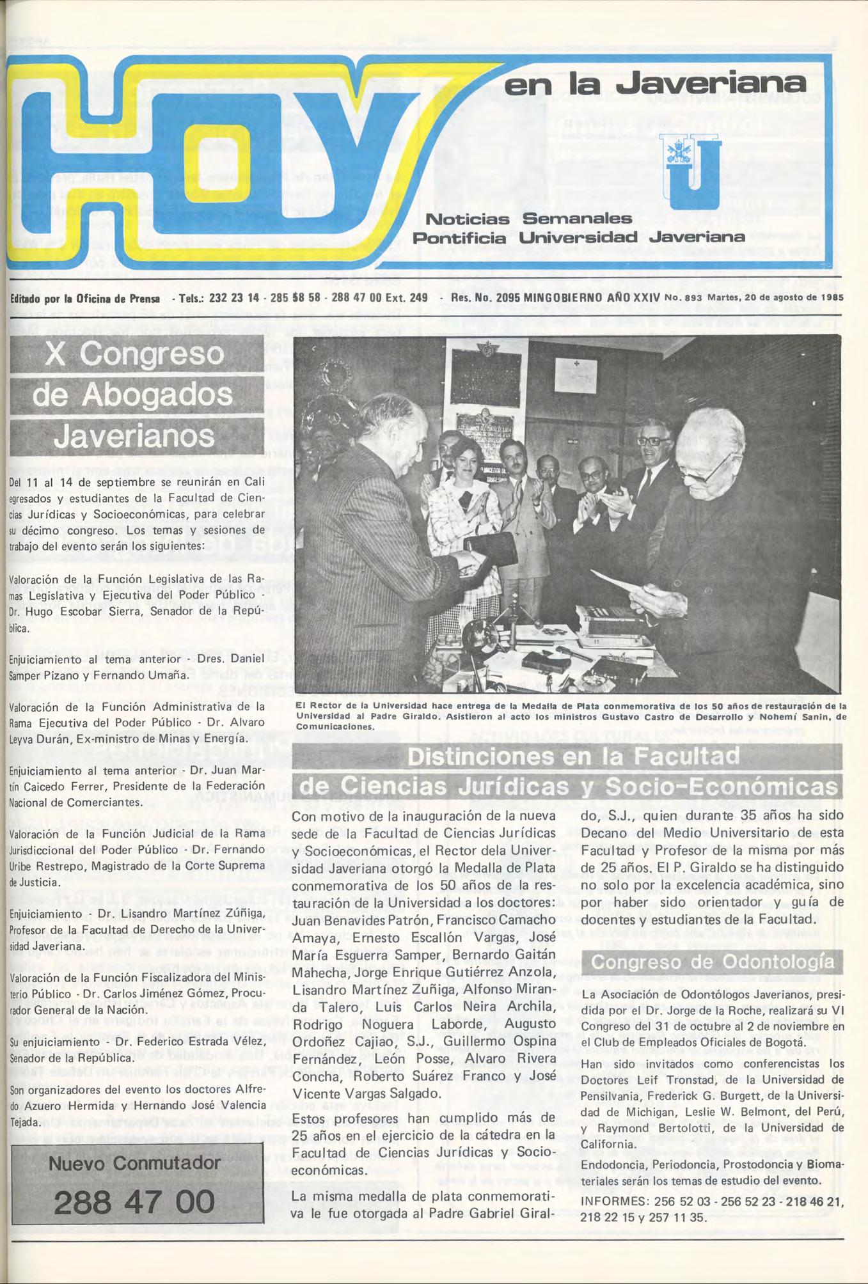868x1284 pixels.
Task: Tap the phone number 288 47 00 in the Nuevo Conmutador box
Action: point(134,1202)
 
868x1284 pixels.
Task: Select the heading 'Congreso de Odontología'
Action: point(713,962)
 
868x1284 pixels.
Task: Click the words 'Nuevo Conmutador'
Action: point(134,1163)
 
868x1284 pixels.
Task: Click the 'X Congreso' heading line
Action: point(135,354)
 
